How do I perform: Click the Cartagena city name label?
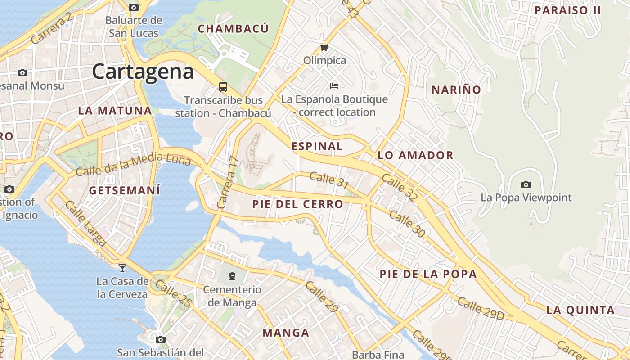[x=143, y=72]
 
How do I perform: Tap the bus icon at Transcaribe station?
[x=223, y=86]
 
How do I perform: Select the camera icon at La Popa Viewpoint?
[x=526, y=184]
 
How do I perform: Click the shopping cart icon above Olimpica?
[x=324, y=47]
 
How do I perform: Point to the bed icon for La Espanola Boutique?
[x=334, y=85]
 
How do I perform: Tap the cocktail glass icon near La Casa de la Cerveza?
[x=122, y=268]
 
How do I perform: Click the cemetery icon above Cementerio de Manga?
[x=232, y=276]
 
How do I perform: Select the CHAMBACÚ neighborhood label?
[x=233, y=29]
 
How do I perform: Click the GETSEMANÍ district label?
[x=124, y=190]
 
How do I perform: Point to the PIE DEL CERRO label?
[x=297, y=204]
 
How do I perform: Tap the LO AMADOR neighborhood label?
[x=415, y=156]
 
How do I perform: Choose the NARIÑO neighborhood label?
[x=456, y=90]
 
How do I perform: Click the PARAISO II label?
[x=567, y=10]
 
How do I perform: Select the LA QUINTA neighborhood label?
[x=580, y=310]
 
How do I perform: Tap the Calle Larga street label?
[x=85, y=224]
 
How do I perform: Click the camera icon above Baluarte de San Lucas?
[x=134, y=7]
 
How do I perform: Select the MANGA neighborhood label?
[x=286, y=333]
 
